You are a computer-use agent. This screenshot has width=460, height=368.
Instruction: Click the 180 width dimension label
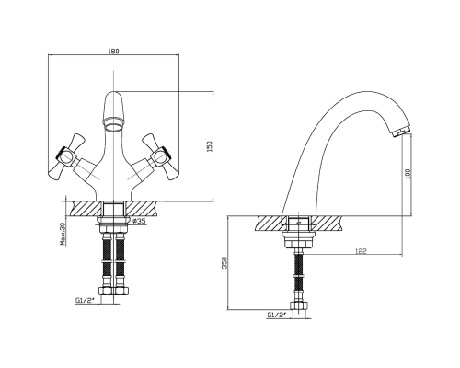click(x=113, y=52)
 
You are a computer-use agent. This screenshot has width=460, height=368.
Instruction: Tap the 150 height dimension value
click(x=210, y=146)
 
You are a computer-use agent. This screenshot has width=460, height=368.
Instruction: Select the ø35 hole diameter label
click(x=139, y=221)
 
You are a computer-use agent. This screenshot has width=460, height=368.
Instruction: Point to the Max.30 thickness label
click(x=63, y=234)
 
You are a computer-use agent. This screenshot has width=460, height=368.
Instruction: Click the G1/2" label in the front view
click(x=82, y=301)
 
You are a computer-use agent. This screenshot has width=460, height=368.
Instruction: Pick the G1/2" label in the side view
click(x=277, y=315)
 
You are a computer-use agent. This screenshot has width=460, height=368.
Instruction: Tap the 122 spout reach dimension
click(x=361, y=251)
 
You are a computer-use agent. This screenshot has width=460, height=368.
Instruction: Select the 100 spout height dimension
click(x=408, y=174)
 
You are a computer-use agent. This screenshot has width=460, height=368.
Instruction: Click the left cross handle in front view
click(x=67, y=156)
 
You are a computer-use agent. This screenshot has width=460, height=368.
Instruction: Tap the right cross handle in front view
click(x=160, y=156)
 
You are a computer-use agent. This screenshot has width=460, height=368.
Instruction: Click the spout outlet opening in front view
click(x=113, y=125)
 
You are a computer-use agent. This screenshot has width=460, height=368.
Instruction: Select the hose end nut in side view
click(x=299, y=305)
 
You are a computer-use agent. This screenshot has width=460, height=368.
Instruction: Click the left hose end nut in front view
click(x=106, y=291)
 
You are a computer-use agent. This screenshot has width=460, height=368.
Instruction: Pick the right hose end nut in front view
click(x=121, y=291)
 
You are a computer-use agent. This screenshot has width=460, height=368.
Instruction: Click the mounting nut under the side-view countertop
click(x=299, y=240)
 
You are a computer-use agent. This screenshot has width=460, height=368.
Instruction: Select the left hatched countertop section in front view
click(x=86, y=209)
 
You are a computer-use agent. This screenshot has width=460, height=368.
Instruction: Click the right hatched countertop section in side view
click(x=327, y=224)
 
